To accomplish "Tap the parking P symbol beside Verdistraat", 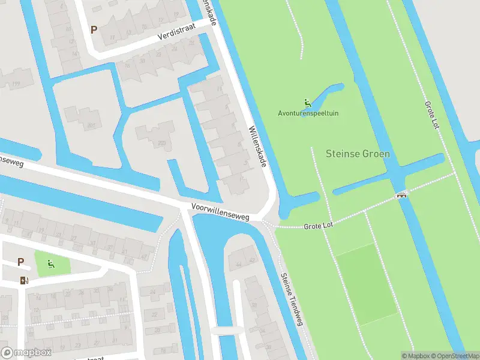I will [94, 29].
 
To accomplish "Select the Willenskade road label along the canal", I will [259, 148].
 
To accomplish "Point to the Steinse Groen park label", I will [358, 154].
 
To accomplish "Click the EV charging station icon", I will [23, 280].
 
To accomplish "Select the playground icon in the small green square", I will [51, 262].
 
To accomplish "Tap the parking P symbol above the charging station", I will [21, 262].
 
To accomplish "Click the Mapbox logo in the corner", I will [26, 353].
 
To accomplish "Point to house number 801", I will [91, 125].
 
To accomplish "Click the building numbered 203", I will [161, 143].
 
